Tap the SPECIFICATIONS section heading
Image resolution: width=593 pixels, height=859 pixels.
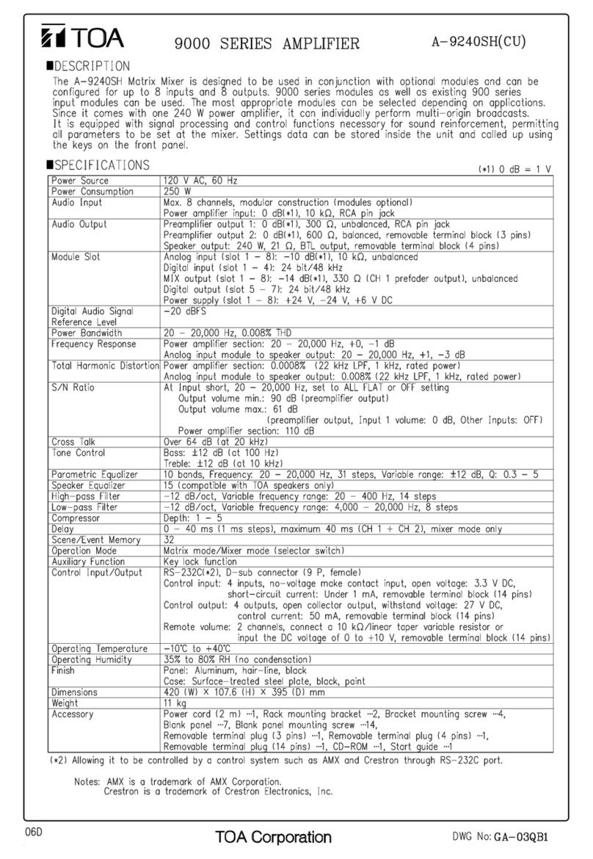pyautogui.click(x=99, y=165)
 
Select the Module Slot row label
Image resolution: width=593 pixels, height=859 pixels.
pyautogui.click(x=76, y=258)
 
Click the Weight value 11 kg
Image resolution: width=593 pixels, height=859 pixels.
pyautogui.click(x=175, y=702)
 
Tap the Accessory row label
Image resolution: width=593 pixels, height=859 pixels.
pyautogui.click(x=73, y=713)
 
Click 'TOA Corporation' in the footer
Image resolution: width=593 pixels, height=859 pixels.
pyautogui.click(x=273, y=837)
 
